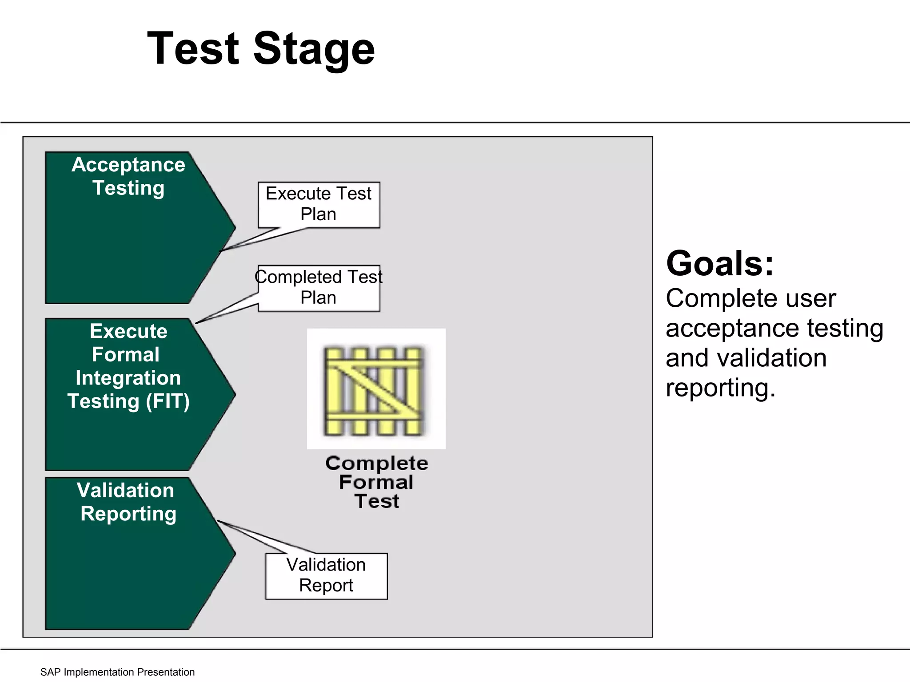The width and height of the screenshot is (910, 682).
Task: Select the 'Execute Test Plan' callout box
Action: [319, 204]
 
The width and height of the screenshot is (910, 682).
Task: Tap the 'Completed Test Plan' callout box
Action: [319, 288]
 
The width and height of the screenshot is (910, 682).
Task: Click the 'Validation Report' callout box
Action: [326, 575]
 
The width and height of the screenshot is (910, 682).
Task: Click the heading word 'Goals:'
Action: [720, 264]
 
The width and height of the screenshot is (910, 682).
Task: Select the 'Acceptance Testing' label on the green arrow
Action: [128, 176]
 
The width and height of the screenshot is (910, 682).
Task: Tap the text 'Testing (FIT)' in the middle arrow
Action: [128, 401]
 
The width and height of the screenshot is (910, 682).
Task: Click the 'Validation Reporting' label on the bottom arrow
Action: [127, 502]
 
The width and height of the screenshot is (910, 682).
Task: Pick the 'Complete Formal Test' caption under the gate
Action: [376, 482]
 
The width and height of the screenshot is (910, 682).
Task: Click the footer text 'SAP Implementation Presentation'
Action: [117, 672]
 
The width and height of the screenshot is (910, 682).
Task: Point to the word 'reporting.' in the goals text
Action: [720, 388]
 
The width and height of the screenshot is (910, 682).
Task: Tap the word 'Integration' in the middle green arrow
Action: [128, 378]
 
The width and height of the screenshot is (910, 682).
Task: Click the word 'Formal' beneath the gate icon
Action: [376, 482]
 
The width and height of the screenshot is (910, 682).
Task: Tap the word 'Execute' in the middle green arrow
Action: [128, 331]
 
